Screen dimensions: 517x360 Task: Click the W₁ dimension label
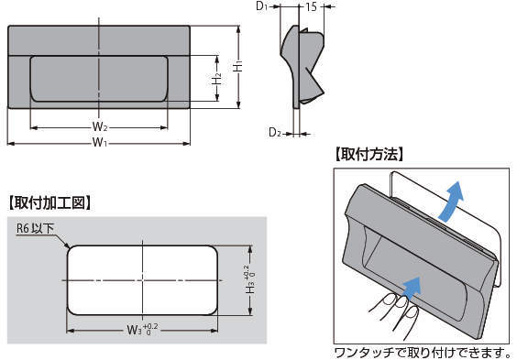click(100, 143)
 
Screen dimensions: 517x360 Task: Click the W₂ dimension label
click(100, 126)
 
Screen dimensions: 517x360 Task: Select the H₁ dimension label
click(238, 66)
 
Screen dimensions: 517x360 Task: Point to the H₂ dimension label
click(216, 80)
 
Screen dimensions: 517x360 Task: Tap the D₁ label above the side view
click(262, 6)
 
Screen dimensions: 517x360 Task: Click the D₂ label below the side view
click(275, 133)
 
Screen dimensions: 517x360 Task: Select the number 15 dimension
click(311, 6)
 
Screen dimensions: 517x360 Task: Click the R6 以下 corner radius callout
click(35, 228)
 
